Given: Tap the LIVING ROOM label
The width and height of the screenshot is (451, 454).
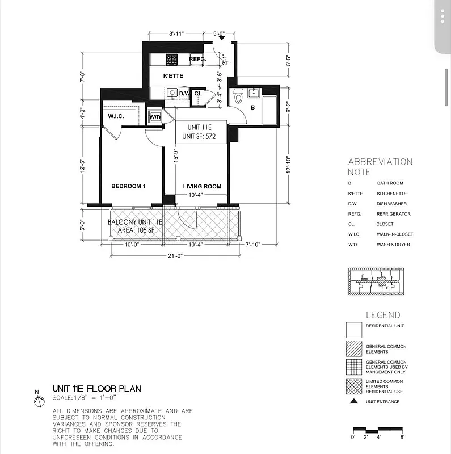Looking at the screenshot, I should [202, 187].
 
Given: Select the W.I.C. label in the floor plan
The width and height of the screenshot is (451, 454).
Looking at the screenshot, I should [116, 117].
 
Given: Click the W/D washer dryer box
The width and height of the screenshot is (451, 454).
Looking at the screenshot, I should [154, 117].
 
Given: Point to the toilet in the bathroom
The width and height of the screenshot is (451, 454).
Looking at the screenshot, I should [238, 97].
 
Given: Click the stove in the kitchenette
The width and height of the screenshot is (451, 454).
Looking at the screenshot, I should [172, 58].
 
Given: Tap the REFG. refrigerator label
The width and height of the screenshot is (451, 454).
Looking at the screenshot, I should [197, 59].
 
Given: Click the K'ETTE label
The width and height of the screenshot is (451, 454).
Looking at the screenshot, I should [173, 75].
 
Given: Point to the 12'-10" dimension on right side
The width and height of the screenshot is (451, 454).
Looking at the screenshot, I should [289, 166].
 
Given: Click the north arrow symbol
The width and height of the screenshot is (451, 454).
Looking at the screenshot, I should [39, 401].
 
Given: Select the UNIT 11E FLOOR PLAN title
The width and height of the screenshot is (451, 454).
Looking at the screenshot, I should [96, 389].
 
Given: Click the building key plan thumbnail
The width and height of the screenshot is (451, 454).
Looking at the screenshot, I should [377, 281].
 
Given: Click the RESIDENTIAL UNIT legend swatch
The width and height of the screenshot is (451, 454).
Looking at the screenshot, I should [353, 330].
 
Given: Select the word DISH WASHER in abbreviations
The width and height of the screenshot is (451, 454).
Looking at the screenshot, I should [391, 204].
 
